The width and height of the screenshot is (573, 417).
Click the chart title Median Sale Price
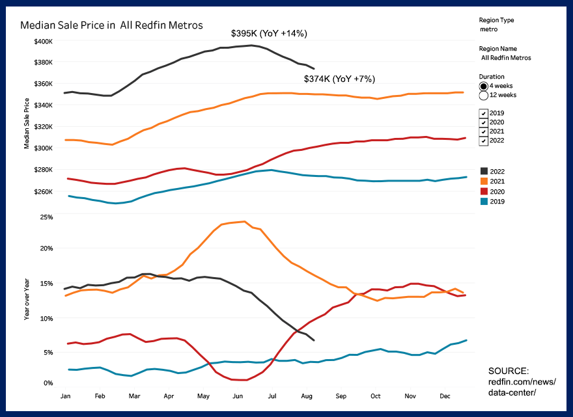pos(111,25)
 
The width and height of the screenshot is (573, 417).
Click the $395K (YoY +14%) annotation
pos(269,33)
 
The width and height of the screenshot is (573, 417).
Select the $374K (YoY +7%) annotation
pos(339,79)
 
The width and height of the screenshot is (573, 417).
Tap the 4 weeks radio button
pos(484,86)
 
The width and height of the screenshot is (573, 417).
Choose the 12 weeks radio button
pos(484,96)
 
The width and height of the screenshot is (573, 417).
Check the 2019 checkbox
pos(483,113)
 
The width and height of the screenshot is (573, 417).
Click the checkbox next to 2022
pos(483,141)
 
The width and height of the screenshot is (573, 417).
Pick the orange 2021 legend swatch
pos(483,182)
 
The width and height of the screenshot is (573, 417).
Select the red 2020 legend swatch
pos(483,191)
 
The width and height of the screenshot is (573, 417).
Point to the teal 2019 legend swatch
pos(483,201)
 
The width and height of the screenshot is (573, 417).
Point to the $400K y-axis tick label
pos(43,41)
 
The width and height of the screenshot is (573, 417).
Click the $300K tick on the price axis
pos(43,148)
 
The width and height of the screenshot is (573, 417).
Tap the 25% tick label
pos(45,216)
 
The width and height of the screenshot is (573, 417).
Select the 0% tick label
pos(47,383)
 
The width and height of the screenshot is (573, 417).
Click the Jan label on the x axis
pos(65,396)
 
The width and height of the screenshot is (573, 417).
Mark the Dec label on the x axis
pos(445,396)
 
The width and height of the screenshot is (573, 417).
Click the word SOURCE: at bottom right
pos(508,370)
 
